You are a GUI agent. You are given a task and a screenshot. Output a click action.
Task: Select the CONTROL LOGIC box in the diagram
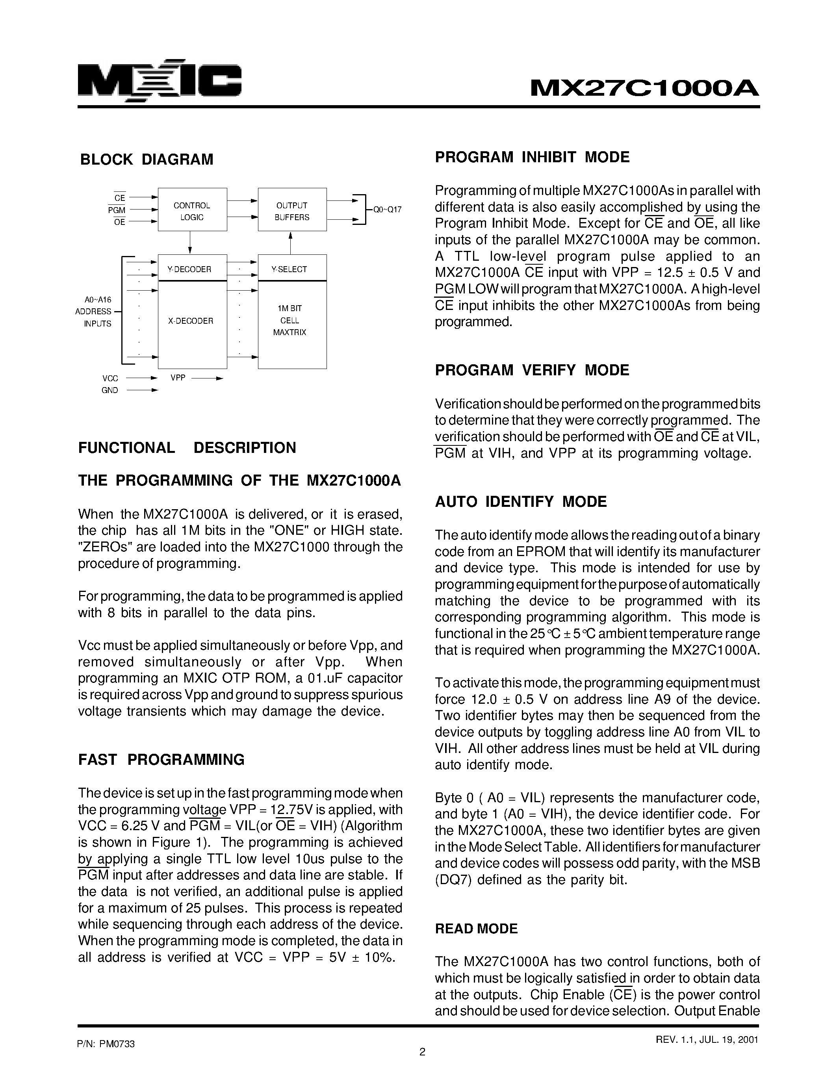pos(192,211)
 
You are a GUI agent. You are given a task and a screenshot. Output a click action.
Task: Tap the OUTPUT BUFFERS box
pos(292,211)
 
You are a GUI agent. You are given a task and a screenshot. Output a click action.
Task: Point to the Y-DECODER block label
pos(189,269)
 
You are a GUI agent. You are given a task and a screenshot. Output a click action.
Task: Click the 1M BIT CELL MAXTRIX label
pos(290,320)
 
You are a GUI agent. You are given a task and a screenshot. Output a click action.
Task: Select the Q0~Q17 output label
pos(387,210)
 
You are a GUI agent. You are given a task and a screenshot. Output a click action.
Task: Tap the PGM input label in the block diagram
pos(117,210)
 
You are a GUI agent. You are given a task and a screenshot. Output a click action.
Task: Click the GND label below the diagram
pos(109,390)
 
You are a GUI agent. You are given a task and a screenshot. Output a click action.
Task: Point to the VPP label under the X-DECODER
pos(178,378)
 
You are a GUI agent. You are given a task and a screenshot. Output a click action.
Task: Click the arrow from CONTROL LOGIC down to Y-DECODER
pos(190,243)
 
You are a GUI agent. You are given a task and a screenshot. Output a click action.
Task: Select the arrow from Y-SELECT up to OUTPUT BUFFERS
pos(291,243)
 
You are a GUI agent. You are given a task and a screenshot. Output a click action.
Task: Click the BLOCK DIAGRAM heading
pos(147,159)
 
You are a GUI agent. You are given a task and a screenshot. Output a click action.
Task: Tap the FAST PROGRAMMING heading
pos(161,760)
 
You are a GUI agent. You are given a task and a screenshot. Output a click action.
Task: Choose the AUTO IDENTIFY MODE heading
pos(521,502)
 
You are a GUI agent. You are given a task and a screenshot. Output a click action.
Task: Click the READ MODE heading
pos(476,929)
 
